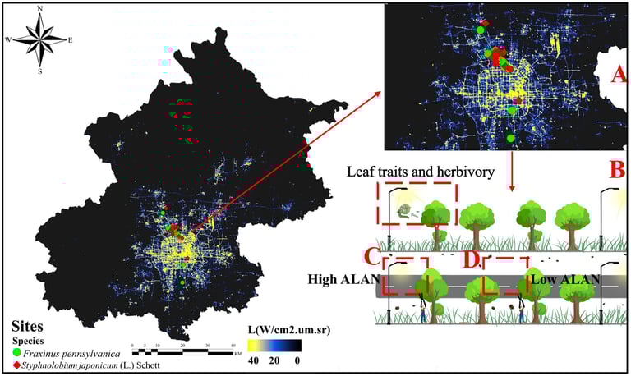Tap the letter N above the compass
[x=42, y=8]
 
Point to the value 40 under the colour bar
[x=254, y=360]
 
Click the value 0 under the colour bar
[x=297, y=360]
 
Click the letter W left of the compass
[x=8, y=39]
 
